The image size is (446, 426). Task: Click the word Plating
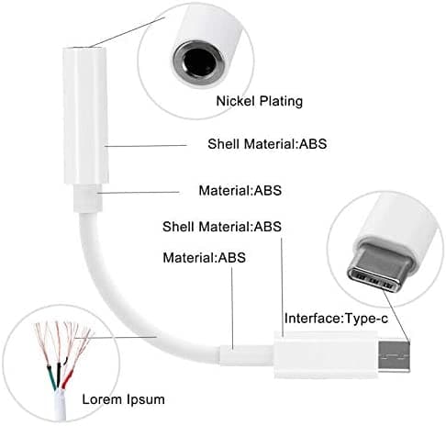(x=282, y=102)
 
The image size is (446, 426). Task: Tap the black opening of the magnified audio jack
(x=199, y=62)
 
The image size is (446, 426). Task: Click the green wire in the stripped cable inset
(x=51, y=377)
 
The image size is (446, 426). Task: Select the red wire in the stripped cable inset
(x=67, y=379)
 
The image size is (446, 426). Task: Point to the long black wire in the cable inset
(x=59, y=376)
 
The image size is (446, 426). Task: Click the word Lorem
(x=102, y=399)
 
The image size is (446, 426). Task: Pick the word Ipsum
(x=146, y=400)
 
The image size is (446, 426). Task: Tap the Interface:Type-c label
(x=336, y=319)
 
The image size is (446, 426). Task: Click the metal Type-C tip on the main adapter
(x=394, y=356)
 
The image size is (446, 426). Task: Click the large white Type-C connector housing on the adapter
(x=326, y=355)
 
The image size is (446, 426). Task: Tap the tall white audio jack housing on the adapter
(x=85, y=116)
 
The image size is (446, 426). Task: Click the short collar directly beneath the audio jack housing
(x=88, y=198)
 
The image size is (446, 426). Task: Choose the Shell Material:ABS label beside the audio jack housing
(x=267, y=144)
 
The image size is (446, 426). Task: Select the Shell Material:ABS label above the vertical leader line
(x=222, y=227)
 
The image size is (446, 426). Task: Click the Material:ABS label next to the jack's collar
(x=240, y=191)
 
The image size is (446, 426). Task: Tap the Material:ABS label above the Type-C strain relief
(x=204, y=258)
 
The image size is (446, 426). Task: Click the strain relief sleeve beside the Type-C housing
(x=246, y=355)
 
